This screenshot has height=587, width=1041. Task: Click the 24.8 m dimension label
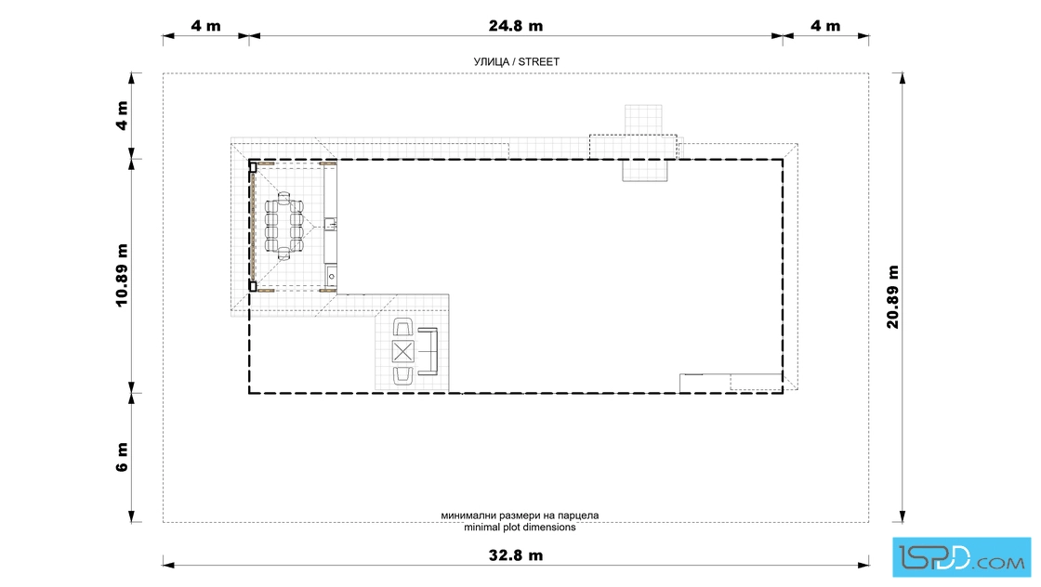click(516, 26)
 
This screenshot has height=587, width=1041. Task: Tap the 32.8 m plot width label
click(516, 555)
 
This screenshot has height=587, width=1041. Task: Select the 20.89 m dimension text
click(892, 296)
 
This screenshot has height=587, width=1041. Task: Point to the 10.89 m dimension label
click(122, 275)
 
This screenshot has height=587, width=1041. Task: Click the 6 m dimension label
click(122, 457)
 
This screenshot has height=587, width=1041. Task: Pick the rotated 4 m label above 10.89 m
click(122, 115)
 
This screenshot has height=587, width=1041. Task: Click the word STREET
click(538, 61)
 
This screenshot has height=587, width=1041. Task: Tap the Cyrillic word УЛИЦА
click(491, 61)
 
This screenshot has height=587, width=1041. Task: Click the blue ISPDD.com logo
click(961, 557)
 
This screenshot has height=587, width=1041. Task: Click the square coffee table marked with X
click(403, 351)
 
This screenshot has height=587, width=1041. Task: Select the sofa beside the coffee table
click(428, 351)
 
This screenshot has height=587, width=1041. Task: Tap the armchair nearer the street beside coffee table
click(403, 328)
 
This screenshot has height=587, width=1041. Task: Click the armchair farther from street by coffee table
click(403, 375)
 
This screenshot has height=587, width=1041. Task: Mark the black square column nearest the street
click(253, 168)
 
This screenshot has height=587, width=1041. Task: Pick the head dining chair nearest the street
click(283, 197)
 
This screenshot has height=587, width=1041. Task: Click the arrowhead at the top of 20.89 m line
click(903, 78)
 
